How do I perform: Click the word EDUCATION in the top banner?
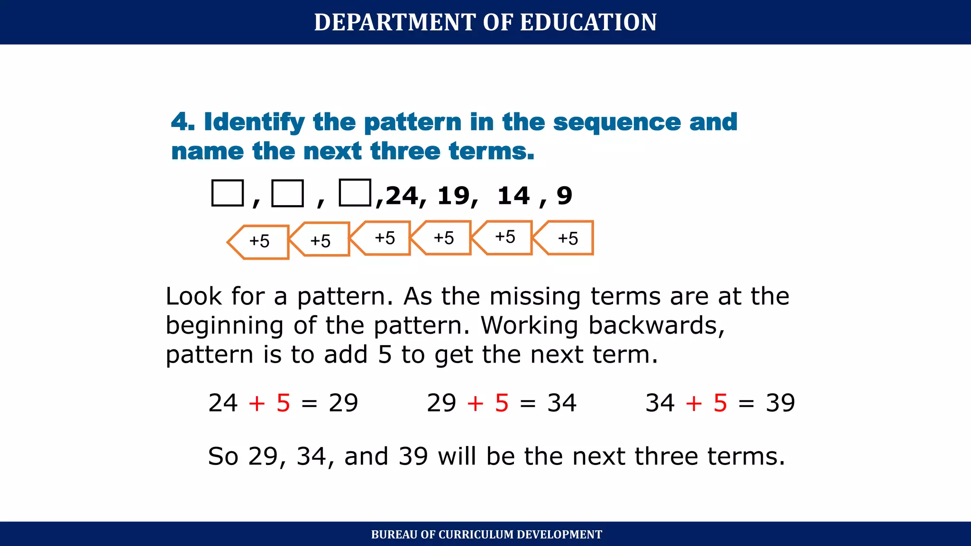point(588,22)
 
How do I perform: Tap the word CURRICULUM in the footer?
point(476,535)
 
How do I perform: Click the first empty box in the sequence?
point(228,193)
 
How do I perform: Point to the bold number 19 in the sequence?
point(454,196)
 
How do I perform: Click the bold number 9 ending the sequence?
point(564,196)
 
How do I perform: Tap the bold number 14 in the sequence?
point(513,196)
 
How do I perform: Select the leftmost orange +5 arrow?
point(259,242)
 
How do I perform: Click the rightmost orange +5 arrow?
point(564,238)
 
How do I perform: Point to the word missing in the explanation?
point(535,296)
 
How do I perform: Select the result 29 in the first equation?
point(343,403)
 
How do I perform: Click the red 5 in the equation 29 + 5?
point(502,403)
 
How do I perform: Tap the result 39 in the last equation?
point(780,403)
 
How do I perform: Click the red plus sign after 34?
point(694,403)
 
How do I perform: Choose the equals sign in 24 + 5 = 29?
point(309,404)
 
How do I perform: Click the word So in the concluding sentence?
point(223,456)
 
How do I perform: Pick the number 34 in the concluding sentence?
point(311,456)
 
